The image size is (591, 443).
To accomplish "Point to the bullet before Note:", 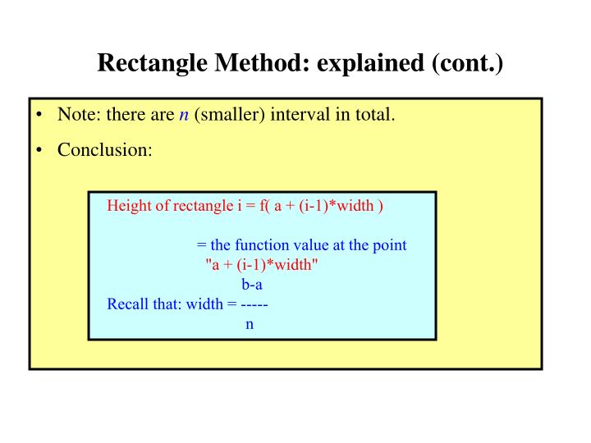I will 39,115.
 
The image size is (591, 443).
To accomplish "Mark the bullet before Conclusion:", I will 39,151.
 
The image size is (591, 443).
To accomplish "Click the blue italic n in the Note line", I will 184,115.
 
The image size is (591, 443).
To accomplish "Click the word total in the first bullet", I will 373,115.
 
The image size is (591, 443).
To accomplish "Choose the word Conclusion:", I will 105,151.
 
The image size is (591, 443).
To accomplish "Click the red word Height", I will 127,205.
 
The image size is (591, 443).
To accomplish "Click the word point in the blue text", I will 390,245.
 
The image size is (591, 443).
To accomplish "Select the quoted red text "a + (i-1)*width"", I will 260,264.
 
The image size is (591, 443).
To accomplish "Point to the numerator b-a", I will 251,285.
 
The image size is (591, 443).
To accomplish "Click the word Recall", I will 128,304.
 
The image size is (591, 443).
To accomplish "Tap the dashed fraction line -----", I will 254,304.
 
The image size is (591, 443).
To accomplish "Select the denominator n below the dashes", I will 250,324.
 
